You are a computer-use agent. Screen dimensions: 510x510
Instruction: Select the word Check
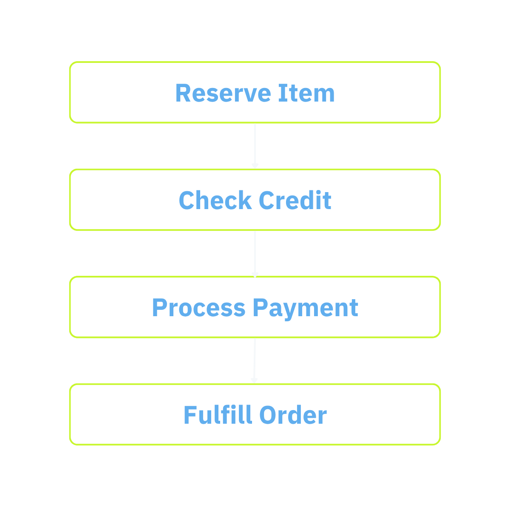coord(215,200)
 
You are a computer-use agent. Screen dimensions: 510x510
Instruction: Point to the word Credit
coord(295,200)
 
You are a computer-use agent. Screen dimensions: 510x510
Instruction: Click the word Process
coord(198,308)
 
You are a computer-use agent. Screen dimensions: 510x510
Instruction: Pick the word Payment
coord(306,308)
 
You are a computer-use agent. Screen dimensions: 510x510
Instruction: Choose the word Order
coord(293,415)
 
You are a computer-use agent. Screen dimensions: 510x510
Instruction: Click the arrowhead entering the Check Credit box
coord(255,166)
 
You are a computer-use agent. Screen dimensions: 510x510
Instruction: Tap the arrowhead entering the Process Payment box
coord(255,274)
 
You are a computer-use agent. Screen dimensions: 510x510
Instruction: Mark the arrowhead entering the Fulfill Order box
coord(254,380)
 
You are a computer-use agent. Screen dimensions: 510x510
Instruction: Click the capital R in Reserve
coord(182,93)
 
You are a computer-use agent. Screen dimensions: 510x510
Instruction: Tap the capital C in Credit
coord(266,200)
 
